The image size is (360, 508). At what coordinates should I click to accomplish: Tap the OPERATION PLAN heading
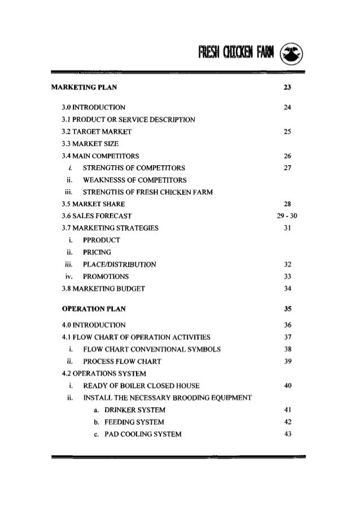[x=94, y=308]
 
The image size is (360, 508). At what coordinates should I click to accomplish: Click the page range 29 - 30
[x=281, y=215]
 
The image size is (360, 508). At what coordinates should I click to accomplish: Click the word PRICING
[x=97, y=251]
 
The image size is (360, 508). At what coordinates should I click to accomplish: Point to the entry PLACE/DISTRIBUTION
[x=120, y=264]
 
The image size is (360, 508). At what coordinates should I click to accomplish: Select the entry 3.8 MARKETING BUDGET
[x=104, y=289]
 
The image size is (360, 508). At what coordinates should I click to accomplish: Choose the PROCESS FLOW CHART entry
[x=122, y=361]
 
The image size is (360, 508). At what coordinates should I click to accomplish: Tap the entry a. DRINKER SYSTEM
[x=128, y=410]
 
